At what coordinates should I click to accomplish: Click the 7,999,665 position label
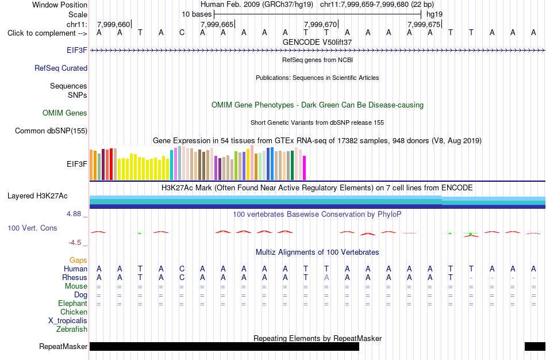click(x=217, y=24)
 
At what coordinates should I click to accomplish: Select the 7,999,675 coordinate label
click(x=424, y=24)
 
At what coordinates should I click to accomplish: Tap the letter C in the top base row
click(x=182, y=33)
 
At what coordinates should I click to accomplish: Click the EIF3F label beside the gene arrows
click(x=77, y=50)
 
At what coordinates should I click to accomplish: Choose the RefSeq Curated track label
click(x=61, y=68)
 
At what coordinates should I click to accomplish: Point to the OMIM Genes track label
click(x=65, y=113)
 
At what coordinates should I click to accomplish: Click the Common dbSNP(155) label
click(x=51, y=131)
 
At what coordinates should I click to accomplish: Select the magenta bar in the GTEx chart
click(x=305, y=168)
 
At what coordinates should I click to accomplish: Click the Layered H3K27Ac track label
click(x=37, y=196)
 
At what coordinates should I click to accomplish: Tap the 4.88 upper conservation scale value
click(x=74, y=213)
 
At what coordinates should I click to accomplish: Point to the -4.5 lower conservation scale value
click(x=75, y=243)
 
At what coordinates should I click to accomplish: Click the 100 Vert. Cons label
click(x=32, y=228)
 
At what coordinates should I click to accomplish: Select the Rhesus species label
click(x=75, y=277)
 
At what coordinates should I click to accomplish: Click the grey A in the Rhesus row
click(x=326, y=277)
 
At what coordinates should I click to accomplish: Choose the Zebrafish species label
click(x=72, y=329)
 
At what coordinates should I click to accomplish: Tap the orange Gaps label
click(x=78, y=261)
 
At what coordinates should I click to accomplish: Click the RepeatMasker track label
click(x=63, y=346)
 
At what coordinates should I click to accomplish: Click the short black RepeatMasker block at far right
click(x=535, y=346)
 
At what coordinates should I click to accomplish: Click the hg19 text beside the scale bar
click(x=435, y=14)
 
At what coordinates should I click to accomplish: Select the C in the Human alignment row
click(x=182, y=269)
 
